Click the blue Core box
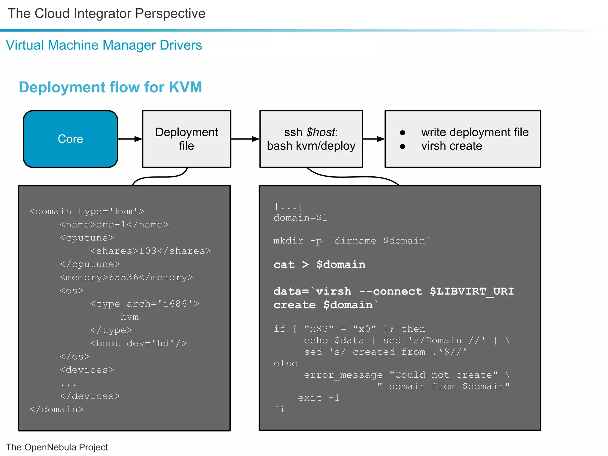tap(70, 139)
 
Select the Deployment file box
tap(186, 139)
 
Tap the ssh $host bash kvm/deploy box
tap(311, 139)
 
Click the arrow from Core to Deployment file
tap(130, 139)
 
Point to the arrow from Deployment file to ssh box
tap(245, 139)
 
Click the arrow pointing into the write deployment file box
tap(373, 139)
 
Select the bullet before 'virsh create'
tap(403, 146)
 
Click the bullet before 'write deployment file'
tap(403, 133)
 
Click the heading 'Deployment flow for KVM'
tap(110, 87)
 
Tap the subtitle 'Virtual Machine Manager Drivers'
tap(104, 45)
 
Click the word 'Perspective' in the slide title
tap(170, 14)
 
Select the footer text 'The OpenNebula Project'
tap(57, 447)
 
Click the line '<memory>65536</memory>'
tap(126, 277)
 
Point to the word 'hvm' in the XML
tap(129, 317)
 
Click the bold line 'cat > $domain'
tap(319, 264)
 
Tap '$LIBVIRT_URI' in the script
tap(472, 291)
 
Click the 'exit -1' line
tap(319, 398)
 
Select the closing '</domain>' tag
tap(56, 409)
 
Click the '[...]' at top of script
tap(288, 206)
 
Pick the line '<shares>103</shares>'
tap(151, 251)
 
